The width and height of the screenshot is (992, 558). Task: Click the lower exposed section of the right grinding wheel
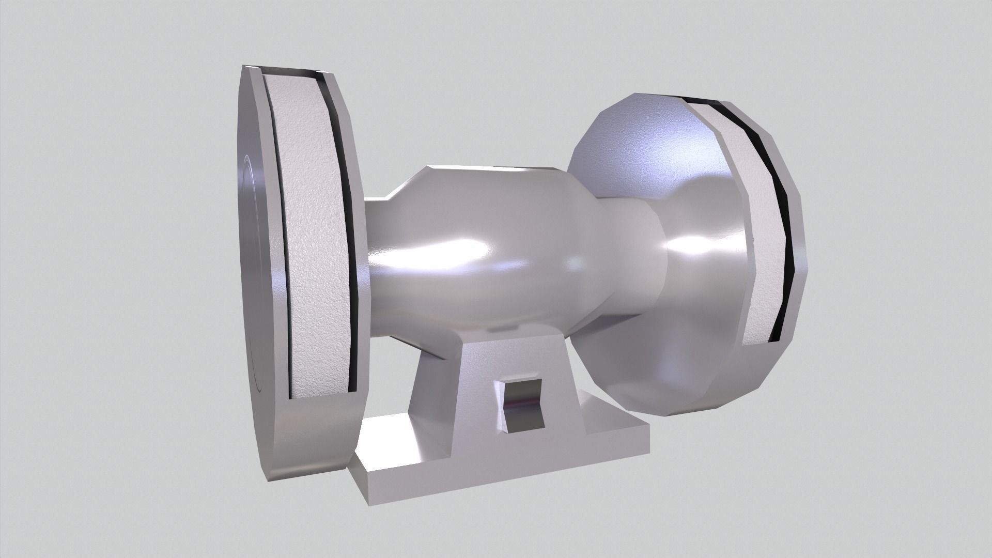coord(760,310)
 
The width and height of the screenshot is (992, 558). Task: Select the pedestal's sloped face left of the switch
coord(455,408)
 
